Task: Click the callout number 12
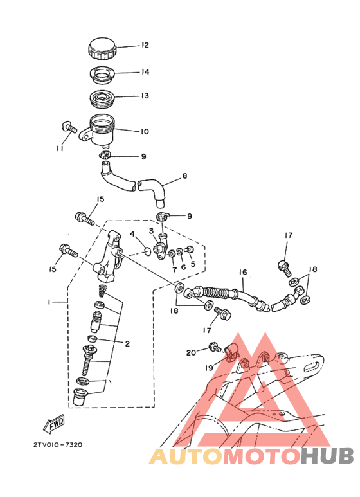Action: point(145,46)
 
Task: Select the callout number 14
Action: point(145,73)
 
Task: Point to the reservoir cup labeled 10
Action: point(100,129)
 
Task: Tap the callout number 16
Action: point(244,273)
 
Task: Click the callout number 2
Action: point(127,344)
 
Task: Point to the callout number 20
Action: point(191,352)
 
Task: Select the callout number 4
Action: point(132,234)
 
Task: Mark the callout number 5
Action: point(192,264)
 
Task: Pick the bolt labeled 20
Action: point(215,348)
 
